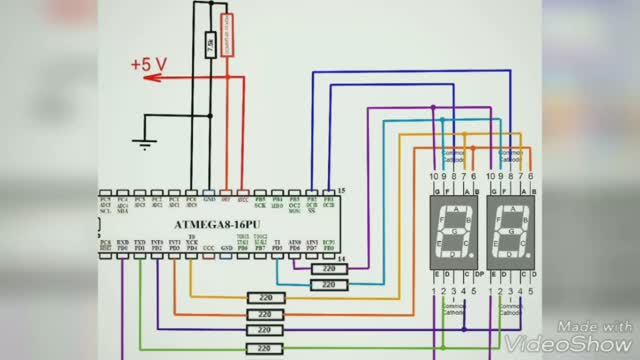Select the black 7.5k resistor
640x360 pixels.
(209, 46)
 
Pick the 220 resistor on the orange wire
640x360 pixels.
(266, 298)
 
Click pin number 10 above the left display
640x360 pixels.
(433, 177)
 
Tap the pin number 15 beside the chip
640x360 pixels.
(341, 189)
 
